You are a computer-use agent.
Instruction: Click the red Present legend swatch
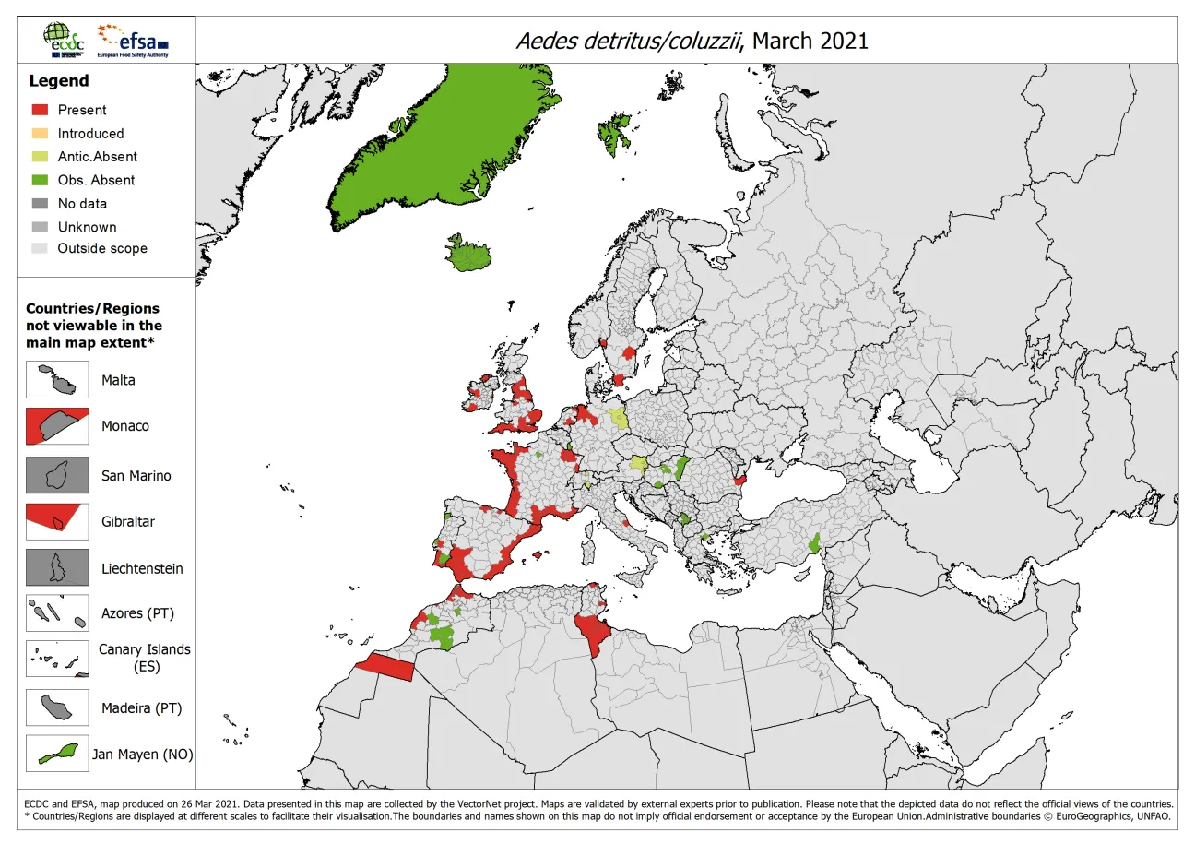(x=41, y=110)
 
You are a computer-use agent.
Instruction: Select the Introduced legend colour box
(x=41, y=133)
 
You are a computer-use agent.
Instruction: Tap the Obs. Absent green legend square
(x=41, y=180)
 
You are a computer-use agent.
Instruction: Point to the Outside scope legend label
(x=101, y=248)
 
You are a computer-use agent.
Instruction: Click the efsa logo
(x=134, y=41)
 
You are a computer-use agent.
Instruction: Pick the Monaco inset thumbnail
(x=57, y=426)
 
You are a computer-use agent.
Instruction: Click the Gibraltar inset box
(x=57, y=521)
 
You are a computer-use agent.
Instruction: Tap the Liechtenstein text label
(x=142, y=569)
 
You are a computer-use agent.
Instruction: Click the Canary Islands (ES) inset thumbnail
(x=57, y=658)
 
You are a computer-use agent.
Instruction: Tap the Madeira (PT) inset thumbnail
(x=57, y=707)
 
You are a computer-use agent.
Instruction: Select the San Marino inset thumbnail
(x=57, y=475)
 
